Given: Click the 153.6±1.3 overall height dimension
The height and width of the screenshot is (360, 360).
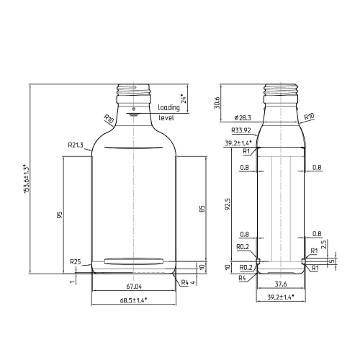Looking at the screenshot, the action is point(26,179).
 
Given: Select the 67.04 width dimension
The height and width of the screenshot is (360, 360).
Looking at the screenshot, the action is point(134,287).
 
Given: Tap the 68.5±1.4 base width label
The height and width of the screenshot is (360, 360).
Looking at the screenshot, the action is point(133,300).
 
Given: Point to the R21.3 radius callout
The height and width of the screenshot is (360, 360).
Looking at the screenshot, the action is point(76,145).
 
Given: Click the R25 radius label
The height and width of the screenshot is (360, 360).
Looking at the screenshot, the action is point(76,261).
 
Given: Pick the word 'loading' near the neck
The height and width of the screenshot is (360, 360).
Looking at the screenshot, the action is point(168,107).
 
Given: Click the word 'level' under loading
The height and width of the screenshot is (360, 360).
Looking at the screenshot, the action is point(166,118).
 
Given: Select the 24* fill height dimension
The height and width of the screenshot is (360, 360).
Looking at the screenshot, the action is point(184,99).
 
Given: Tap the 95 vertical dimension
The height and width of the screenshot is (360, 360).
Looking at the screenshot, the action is point(60,215).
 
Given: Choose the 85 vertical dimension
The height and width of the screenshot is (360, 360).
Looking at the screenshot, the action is point(202,209).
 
